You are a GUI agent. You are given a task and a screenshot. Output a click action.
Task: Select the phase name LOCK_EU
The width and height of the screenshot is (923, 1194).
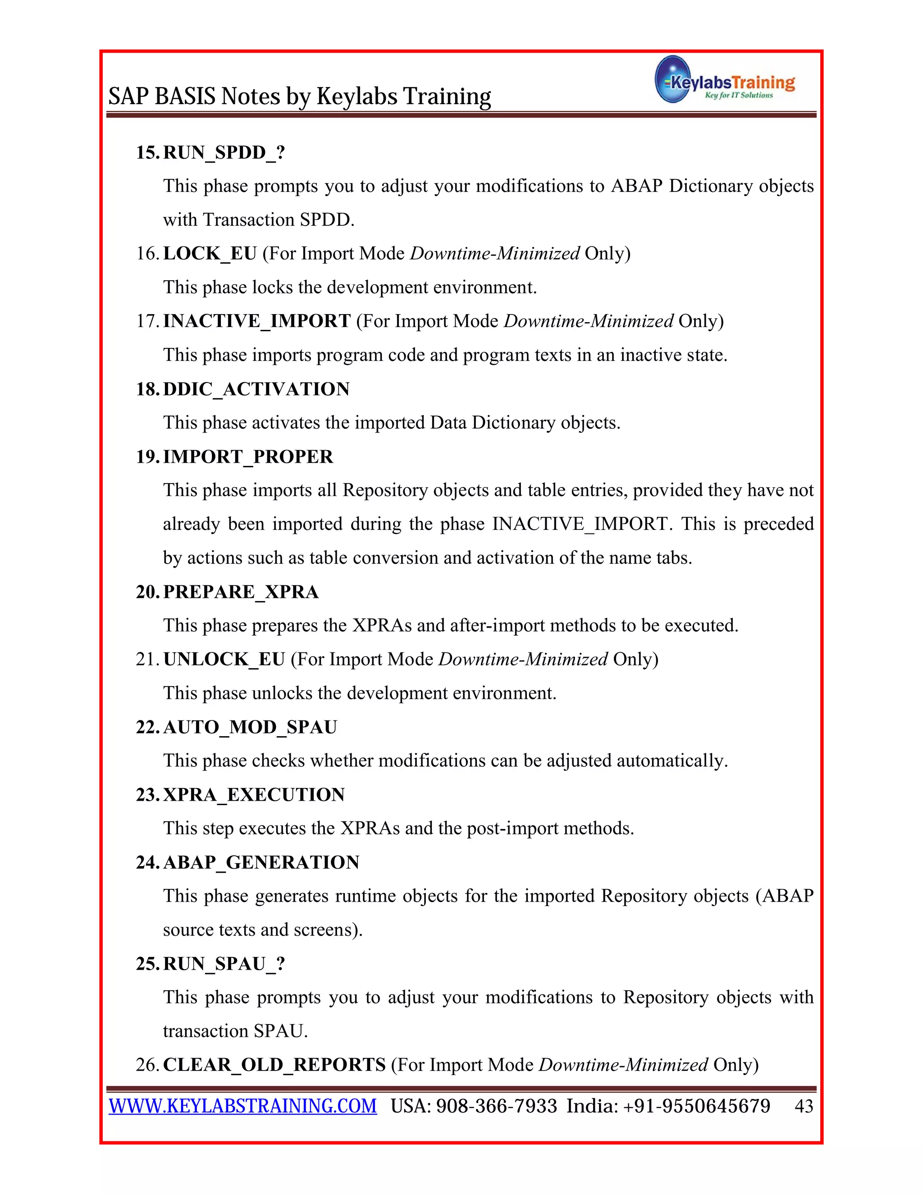click(210, 254)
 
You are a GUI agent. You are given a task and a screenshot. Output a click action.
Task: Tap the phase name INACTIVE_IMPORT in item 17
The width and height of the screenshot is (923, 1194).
click(256, 321)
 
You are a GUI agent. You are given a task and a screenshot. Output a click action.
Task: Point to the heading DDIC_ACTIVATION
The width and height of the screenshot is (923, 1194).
click(256, 389)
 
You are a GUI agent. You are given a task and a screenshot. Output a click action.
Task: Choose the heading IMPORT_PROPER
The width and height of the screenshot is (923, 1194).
click(248, 456)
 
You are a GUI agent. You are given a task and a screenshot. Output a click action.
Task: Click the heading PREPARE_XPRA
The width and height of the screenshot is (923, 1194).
click(241, 592)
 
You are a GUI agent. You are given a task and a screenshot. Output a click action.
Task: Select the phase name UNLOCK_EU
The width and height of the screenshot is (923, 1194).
click(224, 659)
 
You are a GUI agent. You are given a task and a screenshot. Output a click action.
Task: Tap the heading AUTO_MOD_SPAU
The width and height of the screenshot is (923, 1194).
click(250, 727)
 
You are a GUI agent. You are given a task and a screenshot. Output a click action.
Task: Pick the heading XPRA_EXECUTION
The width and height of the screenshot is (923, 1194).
click(254, 794)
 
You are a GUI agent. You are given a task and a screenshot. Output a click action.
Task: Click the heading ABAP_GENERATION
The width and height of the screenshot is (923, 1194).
click(261, 862)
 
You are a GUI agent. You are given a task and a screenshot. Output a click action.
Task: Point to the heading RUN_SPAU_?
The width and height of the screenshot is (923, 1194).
click(224, 963)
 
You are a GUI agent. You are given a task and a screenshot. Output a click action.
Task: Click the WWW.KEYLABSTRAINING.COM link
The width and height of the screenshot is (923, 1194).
click(243, 1106)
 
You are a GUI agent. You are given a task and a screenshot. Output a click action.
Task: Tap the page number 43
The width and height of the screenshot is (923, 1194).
click(803, 1107)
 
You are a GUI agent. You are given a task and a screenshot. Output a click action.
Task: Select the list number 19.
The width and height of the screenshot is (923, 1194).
click(148, 456)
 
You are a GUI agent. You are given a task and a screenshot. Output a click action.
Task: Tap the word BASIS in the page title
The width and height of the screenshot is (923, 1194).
click(185, 96)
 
